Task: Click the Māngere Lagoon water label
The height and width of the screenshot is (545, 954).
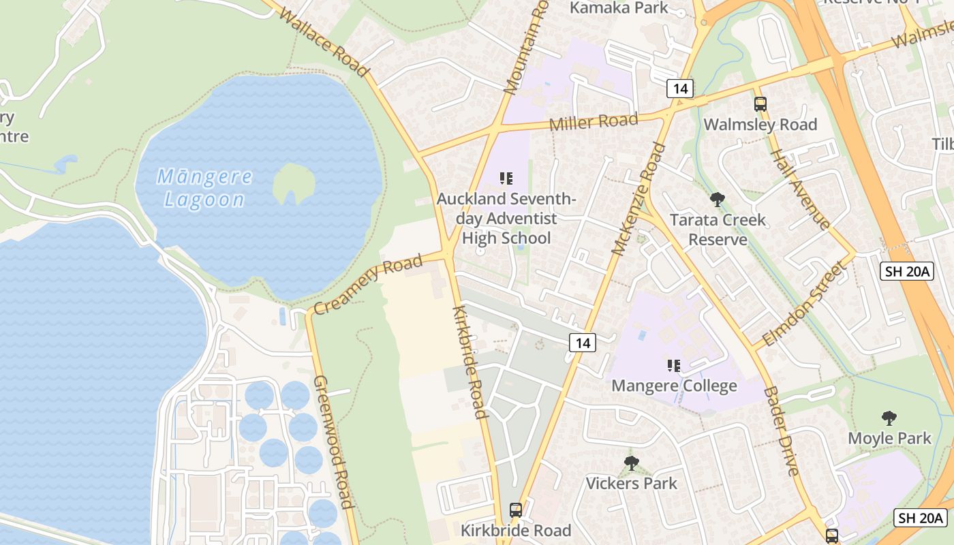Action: coord(204,188)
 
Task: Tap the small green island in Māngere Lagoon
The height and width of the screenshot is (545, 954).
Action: coord(294,183)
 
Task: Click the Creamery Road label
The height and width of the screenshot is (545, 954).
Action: coord(368,285)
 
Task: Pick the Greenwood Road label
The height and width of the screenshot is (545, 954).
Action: coord(334,441)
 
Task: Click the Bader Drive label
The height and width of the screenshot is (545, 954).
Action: coord(781,431)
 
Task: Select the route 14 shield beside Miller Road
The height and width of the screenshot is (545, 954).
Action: coord(679,89)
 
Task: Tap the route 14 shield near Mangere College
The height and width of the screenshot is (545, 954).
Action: coord(582,343)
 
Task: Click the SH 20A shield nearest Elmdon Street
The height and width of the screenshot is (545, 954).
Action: coord(906,271)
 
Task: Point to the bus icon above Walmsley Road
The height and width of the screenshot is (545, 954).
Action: coord(760,104)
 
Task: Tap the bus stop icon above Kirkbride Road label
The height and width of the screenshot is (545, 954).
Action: coord(516,510)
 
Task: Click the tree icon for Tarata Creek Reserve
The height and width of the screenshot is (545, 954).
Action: coord(717,200)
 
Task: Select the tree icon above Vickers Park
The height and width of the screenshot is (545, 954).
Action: coord(632,463)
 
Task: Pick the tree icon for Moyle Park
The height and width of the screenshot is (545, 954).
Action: coord(889,418)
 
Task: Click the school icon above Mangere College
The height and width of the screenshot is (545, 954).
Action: coord(674,366)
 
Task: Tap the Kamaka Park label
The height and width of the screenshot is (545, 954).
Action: coord(619,8)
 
